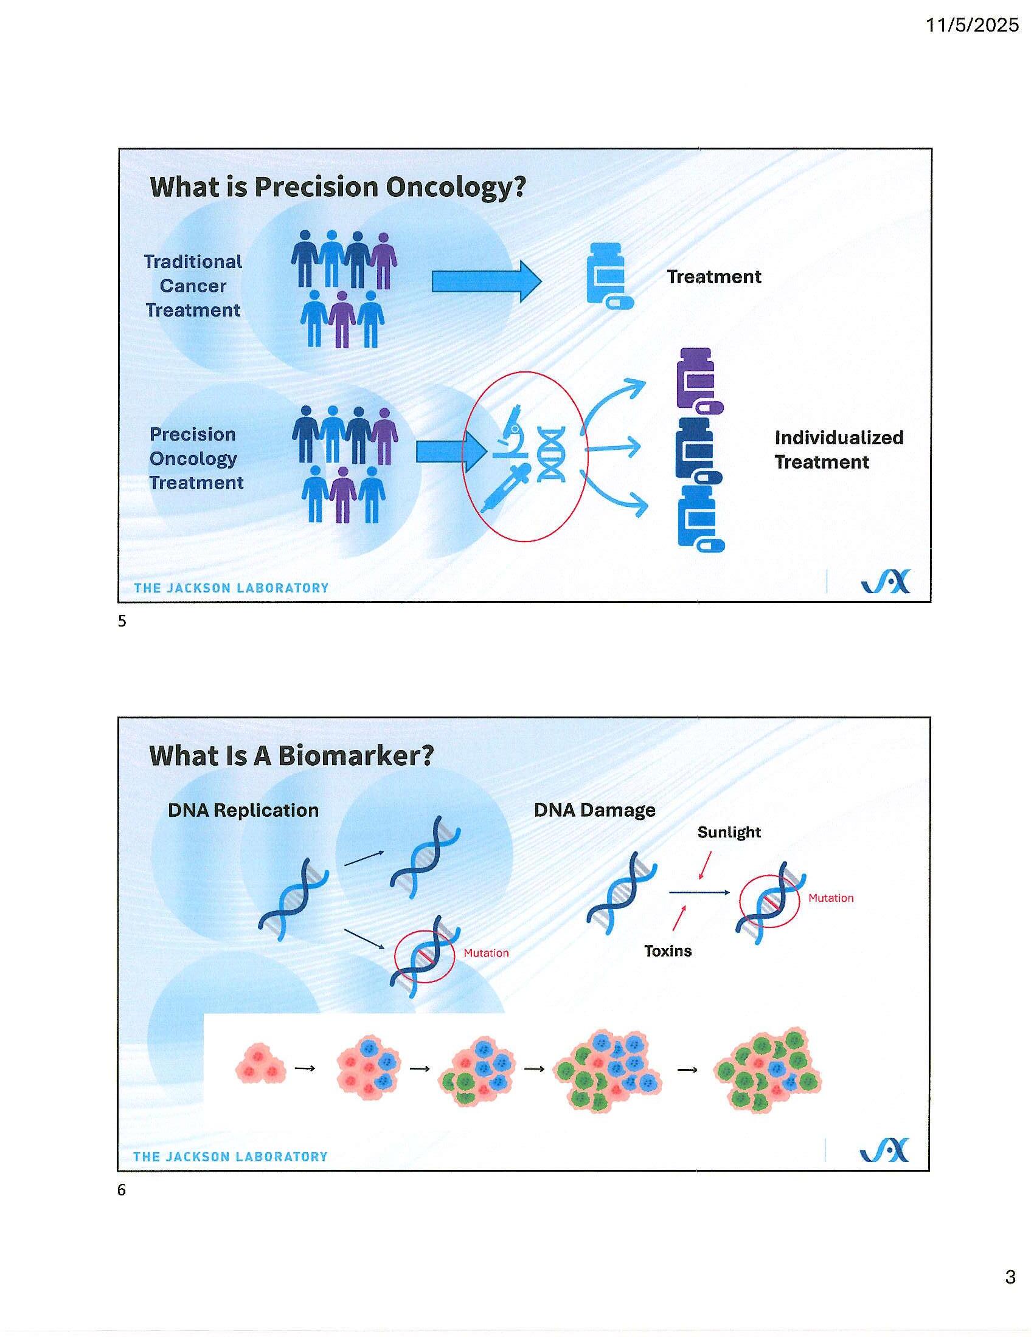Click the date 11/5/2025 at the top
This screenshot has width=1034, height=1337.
[x=971, y=24]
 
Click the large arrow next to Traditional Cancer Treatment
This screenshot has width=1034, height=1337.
[x=487, y=281]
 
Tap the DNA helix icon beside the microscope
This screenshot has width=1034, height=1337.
[x=550, y=454]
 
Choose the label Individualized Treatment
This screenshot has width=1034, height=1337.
[x=838, y=449]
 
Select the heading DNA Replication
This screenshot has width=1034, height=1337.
[x=243, y=810]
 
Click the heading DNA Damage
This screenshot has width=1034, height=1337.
[x=594, y=810]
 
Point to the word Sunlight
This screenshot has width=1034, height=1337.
[x=729, y=832]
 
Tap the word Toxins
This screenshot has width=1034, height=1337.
[x=668, y=950]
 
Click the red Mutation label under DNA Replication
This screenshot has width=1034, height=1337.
[x=486, y=952]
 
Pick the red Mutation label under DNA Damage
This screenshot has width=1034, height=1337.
[x=831, y=898]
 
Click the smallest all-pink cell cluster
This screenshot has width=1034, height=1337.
[x=260, y=1069]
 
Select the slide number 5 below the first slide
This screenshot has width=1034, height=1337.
[x=122, y=620]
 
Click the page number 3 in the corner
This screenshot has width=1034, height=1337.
[x=1010, y=1277]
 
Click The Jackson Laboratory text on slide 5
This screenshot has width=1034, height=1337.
[x=232, y=588]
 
